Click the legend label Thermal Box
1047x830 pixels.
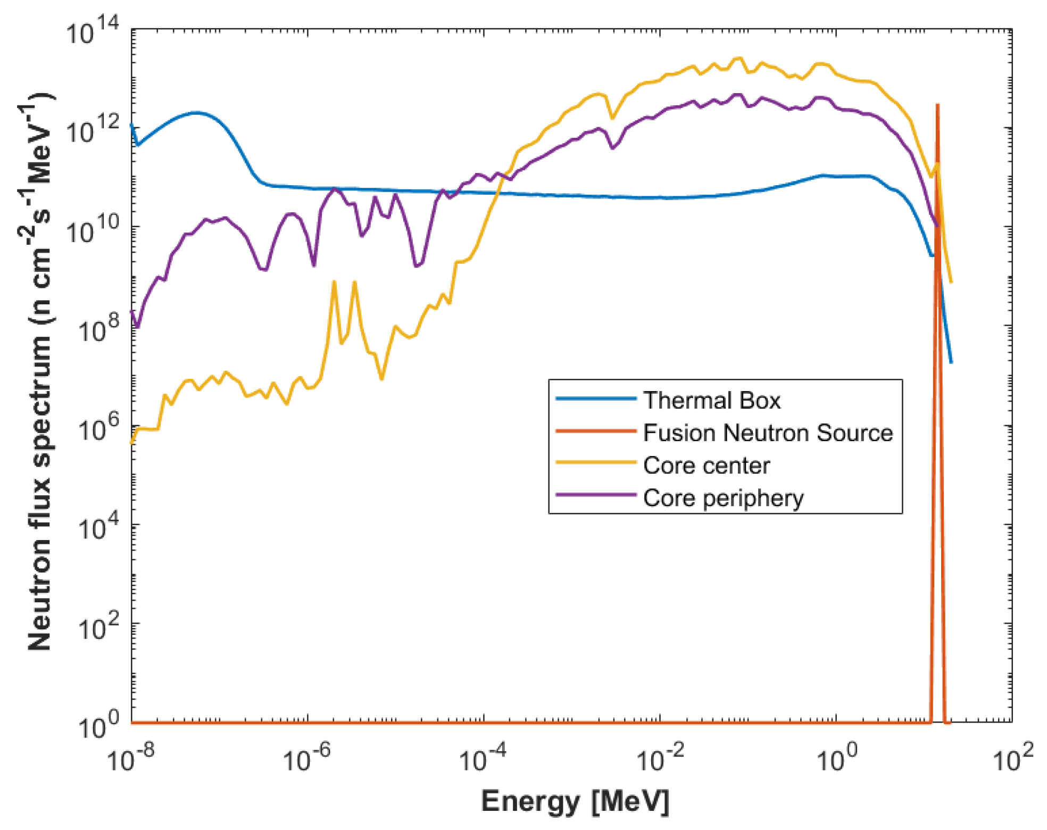point(711,401)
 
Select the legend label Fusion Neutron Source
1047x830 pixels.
point(768,433)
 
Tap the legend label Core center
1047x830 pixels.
point(706,466)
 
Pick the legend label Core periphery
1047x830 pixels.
point(723,499)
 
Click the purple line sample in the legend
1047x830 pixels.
point(595,495)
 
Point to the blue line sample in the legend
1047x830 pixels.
point(595,399)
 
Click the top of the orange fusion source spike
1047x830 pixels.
point(937,105)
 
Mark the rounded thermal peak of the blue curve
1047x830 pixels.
point(197,113)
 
